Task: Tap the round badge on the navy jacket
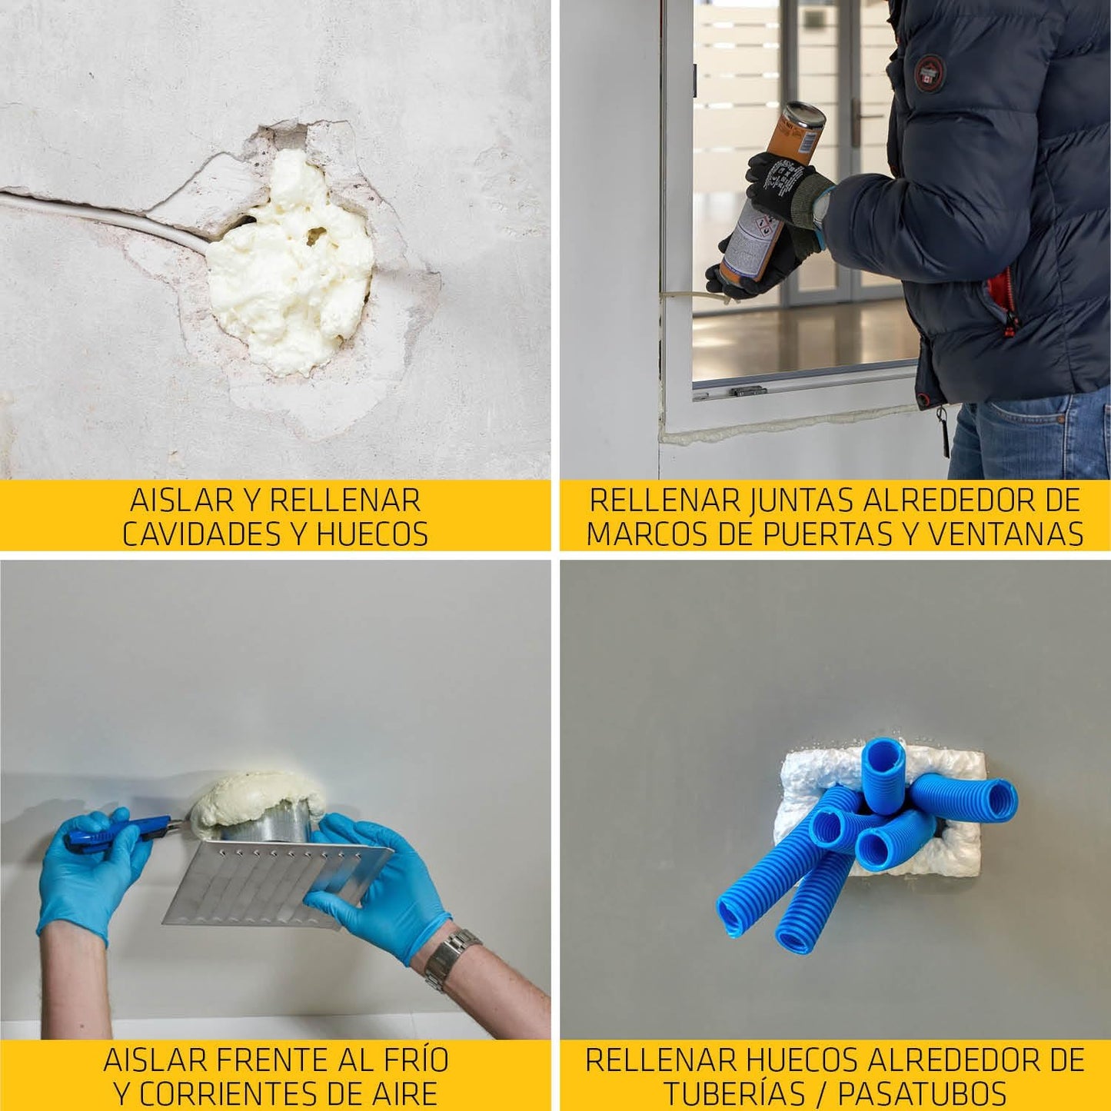point(930,74)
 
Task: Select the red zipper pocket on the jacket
point(1003,300)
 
